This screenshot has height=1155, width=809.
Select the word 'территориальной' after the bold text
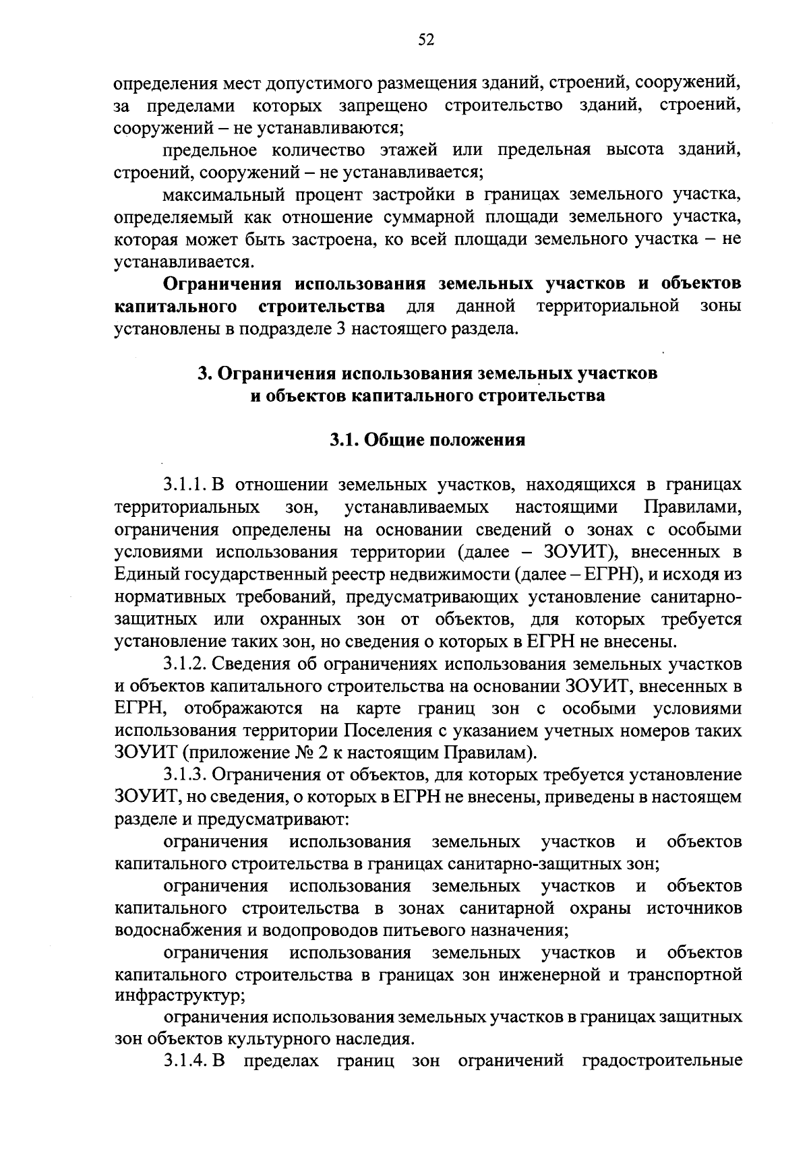607,307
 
